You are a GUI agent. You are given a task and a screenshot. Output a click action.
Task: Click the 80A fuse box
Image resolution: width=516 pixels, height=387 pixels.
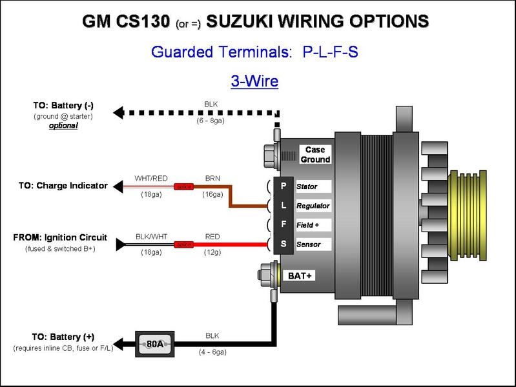pyautogui.click(x=155, y=344)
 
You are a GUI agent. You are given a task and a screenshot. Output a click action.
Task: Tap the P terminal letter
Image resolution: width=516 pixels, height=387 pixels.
pyautogui.click(x=283, y=186)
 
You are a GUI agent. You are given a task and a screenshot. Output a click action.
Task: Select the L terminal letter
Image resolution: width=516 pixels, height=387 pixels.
pyautogui.click(x=283, y=205)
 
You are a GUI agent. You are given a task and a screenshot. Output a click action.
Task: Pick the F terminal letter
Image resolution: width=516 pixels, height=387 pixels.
pyautogui.click(x=283, y=224)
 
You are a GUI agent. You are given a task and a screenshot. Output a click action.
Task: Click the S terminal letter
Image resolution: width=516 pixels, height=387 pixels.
pyautogui.click(x=283, y=244)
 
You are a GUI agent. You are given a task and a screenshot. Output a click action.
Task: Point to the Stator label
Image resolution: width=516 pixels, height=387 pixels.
pyautogui.click(x=307, y=186)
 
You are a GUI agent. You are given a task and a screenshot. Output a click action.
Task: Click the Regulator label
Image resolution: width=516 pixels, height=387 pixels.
pyautogui.click(x=313, y=206)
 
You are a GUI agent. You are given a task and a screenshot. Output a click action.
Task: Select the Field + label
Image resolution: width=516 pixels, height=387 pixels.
pyautogui.click(x=309, y=225)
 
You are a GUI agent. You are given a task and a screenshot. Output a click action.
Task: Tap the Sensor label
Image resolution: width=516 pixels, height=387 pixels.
pyautogui.click(x=308, y=244)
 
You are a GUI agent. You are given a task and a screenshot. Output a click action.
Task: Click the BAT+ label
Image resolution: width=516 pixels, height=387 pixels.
pyautogui.click(x=301, y=275)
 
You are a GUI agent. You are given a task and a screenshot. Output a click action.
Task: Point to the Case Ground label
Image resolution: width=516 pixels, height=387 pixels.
pyautogui.click(x=315, y=155)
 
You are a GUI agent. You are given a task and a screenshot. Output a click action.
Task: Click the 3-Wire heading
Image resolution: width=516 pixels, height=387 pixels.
pyautogui.click(x=254, y=81)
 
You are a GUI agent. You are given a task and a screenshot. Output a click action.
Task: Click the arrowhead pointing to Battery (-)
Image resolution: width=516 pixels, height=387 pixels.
pyautogui.click(x=118, y=113)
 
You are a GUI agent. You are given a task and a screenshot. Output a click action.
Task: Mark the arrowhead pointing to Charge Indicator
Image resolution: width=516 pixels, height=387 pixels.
pyautogui.click(x=118, y=186)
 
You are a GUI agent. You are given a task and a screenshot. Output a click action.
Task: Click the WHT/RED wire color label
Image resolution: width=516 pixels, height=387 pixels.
pyautogui.click(x=150, y=178)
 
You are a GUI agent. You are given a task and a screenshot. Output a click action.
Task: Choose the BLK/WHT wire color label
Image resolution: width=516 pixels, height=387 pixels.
pyautogui.click(x=151, y=237)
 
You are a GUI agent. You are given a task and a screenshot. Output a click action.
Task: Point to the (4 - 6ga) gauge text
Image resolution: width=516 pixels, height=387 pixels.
pyautogui.click(x=212, y=352)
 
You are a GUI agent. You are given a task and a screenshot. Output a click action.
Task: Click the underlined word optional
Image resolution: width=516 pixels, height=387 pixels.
pyautogui.click(x=63, y=126)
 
